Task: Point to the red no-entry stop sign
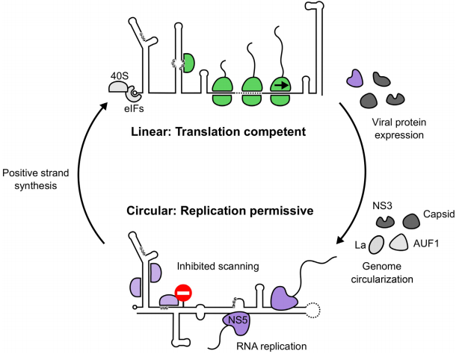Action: (183, 293)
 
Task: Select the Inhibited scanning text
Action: (213, 265)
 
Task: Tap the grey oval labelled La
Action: (377, 245)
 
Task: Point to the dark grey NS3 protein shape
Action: (386, 220)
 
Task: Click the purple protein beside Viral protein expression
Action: (354, 77)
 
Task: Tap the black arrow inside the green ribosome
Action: (280, 85)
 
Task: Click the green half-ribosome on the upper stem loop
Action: (188, 63)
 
